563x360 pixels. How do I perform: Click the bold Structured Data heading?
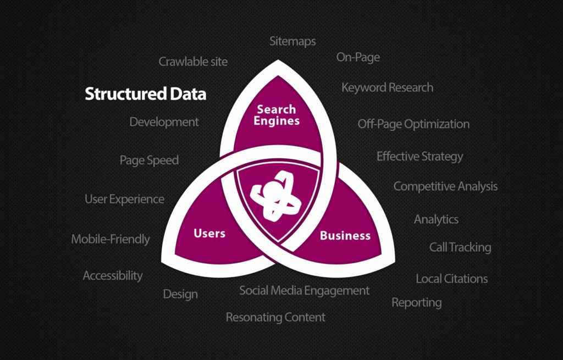pos(145,93)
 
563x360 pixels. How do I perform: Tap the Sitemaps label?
pos(292,41)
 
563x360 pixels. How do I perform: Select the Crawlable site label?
pos(193,62)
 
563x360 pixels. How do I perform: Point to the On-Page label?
pos(358,57)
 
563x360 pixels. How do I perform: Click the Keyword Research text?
pos(388,87)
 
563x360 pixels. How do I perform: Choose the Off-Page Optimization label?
pos(413,124)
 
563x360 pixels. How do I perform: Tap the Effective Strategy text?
pos(420,157)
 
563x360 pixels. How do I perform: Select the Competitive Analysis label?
pos(445,186)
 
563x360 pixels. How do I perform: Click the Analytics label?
pos(436,219)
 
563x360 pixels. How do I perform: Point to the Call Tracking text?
pos(460,247)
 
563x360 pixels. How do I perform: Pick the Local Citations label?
pos(452,279)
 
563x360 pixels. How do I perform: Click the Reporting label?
pos(417,303)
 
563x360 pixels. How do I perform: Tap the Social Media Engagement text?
pos(305,290)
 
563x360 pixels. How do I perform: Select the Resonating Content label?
pos(276,317)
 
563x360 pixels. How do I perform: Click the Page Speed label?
pos(149,160)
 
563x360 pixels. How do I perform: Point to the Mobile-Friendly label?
pos(111,239)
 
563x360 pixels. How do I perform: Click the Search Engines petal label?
pos(277,115)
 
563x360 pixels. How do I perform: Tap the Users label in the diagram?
pos(209,233)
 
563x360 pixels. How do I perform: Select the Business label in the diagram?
pos(345,235)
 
